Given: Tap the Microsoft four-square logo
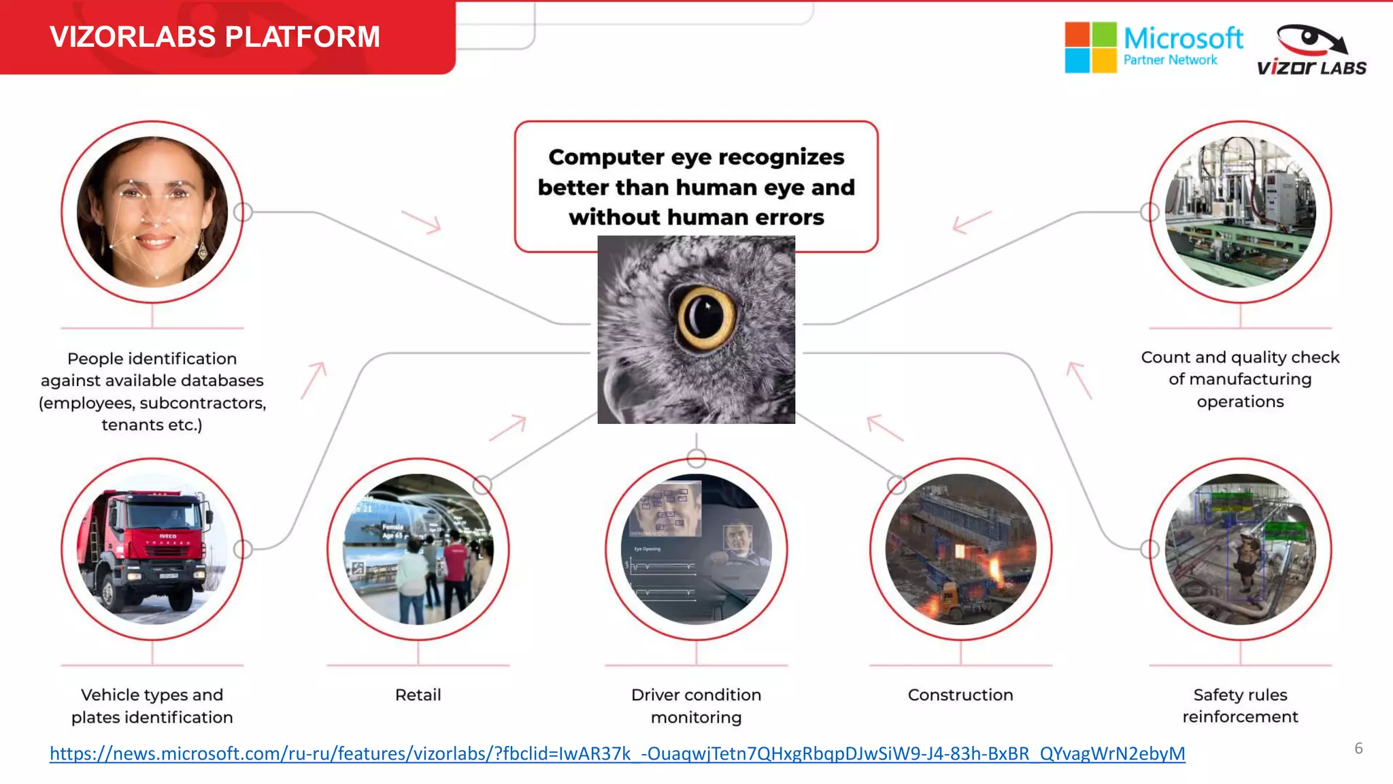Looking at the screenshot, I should click(1090, 47).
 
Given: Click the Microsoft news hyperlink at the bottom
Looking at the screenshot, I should click(617, 753).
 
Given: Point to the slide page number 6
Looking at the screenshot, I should click(1358, 749).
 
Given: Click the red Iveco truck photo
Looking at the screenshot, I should click(151, 549).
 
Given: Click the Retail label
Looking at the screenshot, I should click(418, 695).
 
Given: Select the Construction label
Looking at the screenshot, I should click(960, 695).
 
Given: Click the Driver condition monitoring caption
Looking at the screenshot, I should click(696, 706).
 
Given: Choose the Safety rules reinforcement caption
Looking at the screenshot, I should click(1239, 706).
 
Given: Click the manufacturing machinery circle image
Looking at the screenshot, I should click(1239, 212).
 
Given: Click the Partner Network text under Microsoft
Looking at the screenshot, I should click(1170, 60).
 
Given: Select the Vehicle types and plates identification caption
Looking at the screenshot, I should click(152, 706).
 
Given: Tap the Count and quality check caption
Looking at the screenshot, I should click(1239, 379).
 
